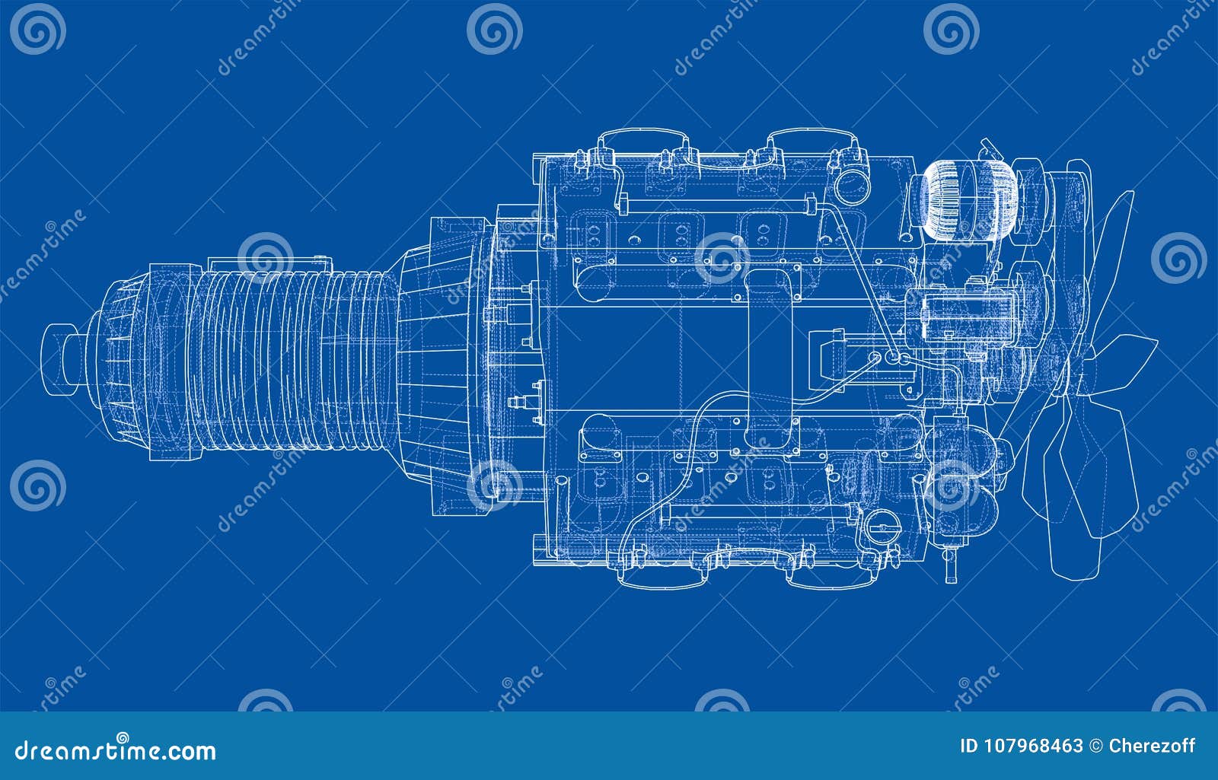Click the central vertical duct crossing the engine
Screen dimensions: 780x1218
(771, 358)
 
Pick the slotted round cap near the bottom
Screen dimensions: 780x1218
(882, 525)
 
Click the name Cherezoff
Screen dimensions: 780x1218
(1153, 747)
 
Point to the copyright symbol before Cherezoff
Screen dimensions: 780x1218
(1096, 747)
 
